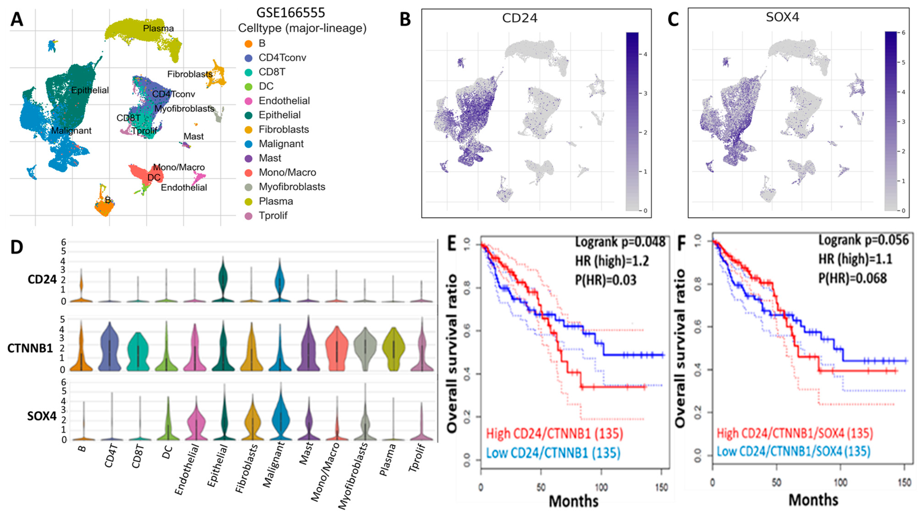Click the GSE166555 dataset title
pos(290,13)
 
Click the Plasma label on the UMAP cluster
pos(158,28)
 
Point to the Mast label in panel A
pos(193,136)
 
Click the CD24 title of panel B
pos(520,18)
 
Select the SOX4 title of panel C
pos(782,17)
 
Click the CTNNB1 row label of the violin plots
pos(30,348)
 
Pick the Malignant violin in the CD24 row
pos(280,283)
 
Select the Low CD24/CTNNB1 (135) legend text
pos(553,453)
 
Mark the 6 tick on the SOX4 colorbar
pos(904,33)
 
